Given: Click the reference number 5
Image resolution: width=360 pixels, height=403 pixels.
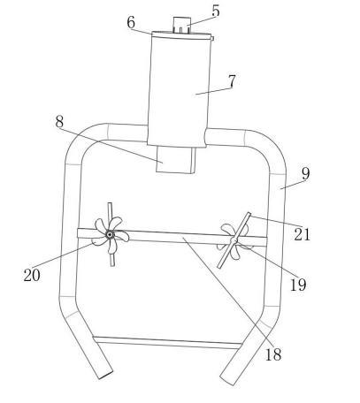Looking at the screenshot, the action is click(216, 11).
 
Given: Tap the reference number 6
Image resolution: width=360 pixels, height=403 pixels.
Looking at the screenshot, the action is click(131, 22).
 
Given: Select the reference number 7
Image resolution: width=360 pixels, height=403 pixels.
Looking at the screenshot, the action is click(232, 81).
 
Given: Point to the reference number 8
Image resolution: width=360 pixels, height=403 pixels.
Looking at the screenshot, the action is click(59, 121).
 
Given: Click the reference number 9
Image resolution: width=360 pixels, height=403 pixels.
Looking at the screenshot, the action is click(306, 174).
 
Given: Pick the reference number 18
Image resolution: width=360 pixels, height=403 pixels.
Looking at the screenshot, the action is click(273, 354).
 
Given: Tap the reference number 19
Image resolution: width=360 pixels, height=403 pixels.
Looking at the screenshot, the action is click(298, 285).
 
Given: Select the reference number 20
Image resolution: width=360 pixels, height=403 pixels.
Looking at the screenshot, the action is click(32, 276).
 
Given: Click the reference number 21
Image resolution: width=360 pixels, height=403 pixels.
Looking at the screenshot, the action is click(303, 234).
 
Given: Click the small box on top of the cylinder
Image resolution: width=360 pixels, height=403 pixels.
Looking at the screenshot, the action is click(181, 25).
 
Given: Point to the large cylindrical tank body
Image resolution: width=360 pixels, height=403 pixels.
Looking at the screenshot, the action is click(179, 90).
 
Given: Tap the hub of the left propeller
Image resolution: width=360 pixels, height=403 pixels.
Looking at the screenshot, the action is click(110, 234).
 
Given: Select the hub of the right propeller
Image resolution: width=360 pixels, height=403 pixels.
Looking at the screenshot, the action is click(234, 241).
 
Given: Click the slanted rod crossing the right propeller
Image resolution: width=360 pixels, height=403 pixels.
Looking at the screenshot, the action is click(234, 240).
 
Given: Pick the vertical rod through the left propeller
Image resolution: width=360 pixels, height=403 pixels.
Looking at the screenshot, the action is click(111, 234).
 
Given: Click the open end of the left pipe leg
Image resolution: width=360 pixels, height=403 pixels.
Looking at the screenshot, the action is click(106, 375).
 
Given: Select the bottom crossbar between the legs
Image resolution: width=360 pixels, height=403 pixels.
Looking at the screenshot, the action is click(167, 342).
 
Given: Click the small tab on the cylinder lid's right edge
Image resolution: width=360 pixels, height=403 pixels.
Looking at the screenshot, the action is click(212, 38).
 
